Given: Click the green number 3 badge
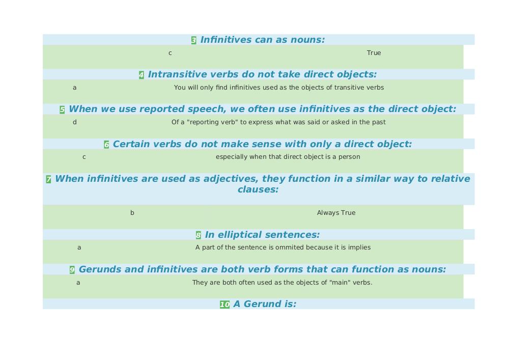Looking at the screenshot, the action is (x=194, y=40).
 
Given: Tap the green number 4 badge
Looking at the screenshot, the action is (x=142, y=75).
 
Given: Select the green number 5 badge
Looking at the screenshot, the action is (x=62, y=109).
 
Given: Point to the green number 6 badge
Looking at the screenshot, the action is (x=106, y=145).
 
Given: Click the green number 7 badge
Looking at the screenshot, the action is (x=49, y=180).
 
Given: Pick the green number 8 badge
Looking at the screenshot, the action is (x=199, y=235).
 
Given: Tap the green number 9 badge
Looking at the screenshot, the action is (x=72, y=270).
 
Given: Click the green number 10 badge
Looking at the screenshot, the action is (x=225, y=305).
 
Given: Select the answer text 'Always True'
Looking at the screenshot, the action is (x=336, y=213).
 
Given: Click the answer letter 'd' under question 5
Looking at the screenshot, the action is (x=75, y=122).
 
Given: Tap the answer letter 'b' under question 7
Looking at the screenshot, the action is (x=132, y=213).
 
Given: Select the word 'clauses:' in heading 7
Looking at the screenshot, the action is (x=258, y=189).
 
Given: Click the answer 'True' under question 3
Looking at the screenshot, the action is (x=374, y=53).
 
